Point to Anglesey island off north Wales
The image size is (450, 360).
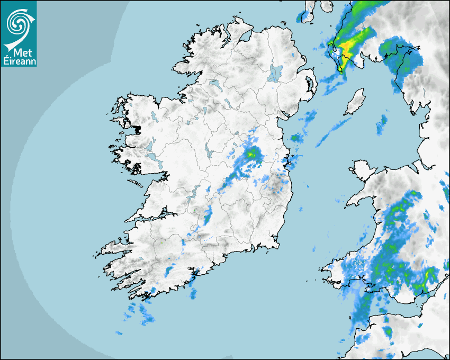[x=364, y=172]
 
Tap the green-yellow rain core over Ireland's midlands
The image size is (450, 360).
[x=254, y=154]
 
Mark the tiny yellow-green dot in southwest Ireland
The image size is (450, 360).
[x=161, y=242]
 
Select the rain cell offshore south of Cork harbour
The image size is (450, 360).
[x=192, y=293]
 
